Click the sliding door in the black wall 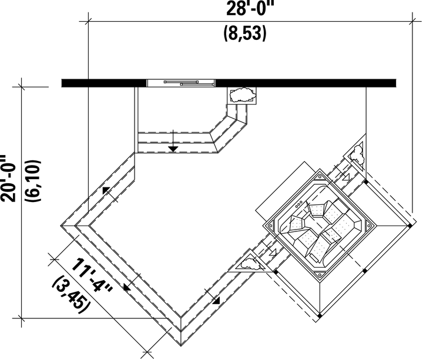tap(181, 83)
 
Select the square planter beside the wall tap(241, 95)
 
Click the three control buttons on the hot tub tap(299, 204)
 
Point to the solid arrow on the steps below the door tap(173, 149)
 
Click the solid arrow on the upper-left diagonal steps tap(106, 190)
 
